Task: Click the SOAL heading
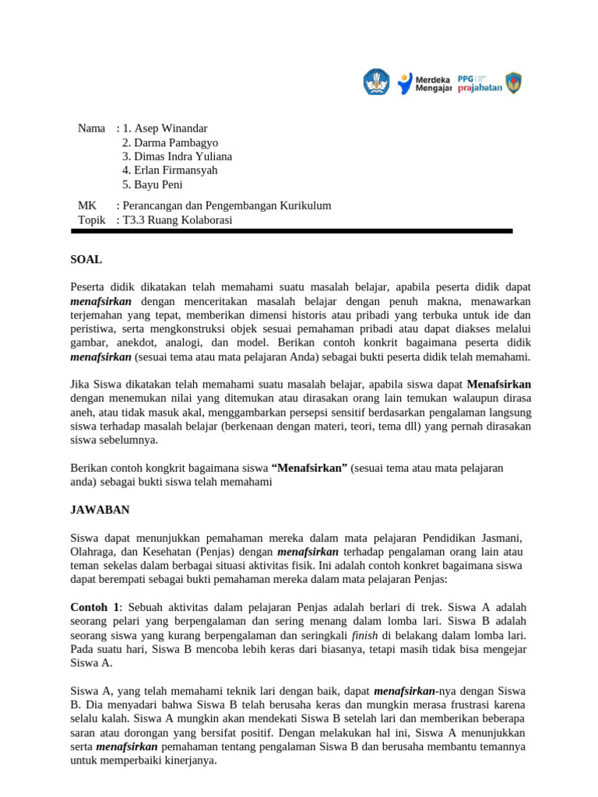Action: point(86,259)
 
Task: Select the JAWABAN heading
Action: point(100,510)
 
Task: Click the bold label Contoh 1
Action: point(96,606)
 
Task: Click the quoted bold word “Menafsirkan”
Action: point(308,468)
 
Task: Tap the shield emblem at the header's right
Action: point(513,82)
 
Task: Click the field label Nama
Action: point(91,128)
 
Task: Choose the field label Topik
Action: point(91,220)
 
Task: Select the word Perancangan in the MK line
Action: point(154,206)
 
